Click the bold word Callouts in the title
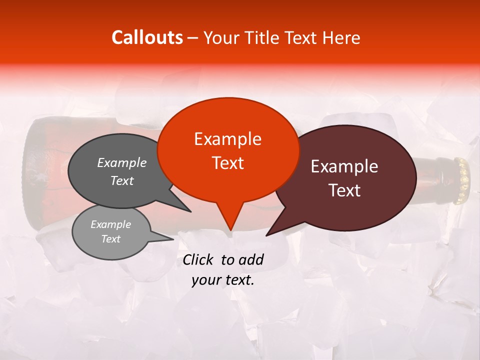(x=147, y=37)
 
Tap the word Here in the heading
(x=340, y=37)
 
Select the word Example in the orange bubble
(x=227, y=139)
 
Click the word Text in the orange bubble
(x=227, y=163)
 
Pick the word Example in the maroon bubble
(x=344, y=166)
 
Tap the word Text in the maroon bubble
(x=344, y=190)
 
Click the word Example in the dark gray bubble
(x=122, y=163)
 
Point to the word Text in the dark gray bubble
(x=122, y=181)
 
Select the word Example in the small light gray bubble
(x=111, y=224)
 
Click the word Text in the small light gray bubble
(x=111, y=239)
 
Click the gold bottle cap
(x=462, y=180)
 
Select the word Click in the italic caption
(x=199, y=259)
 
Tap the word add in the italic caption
(x=251, y=259)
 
